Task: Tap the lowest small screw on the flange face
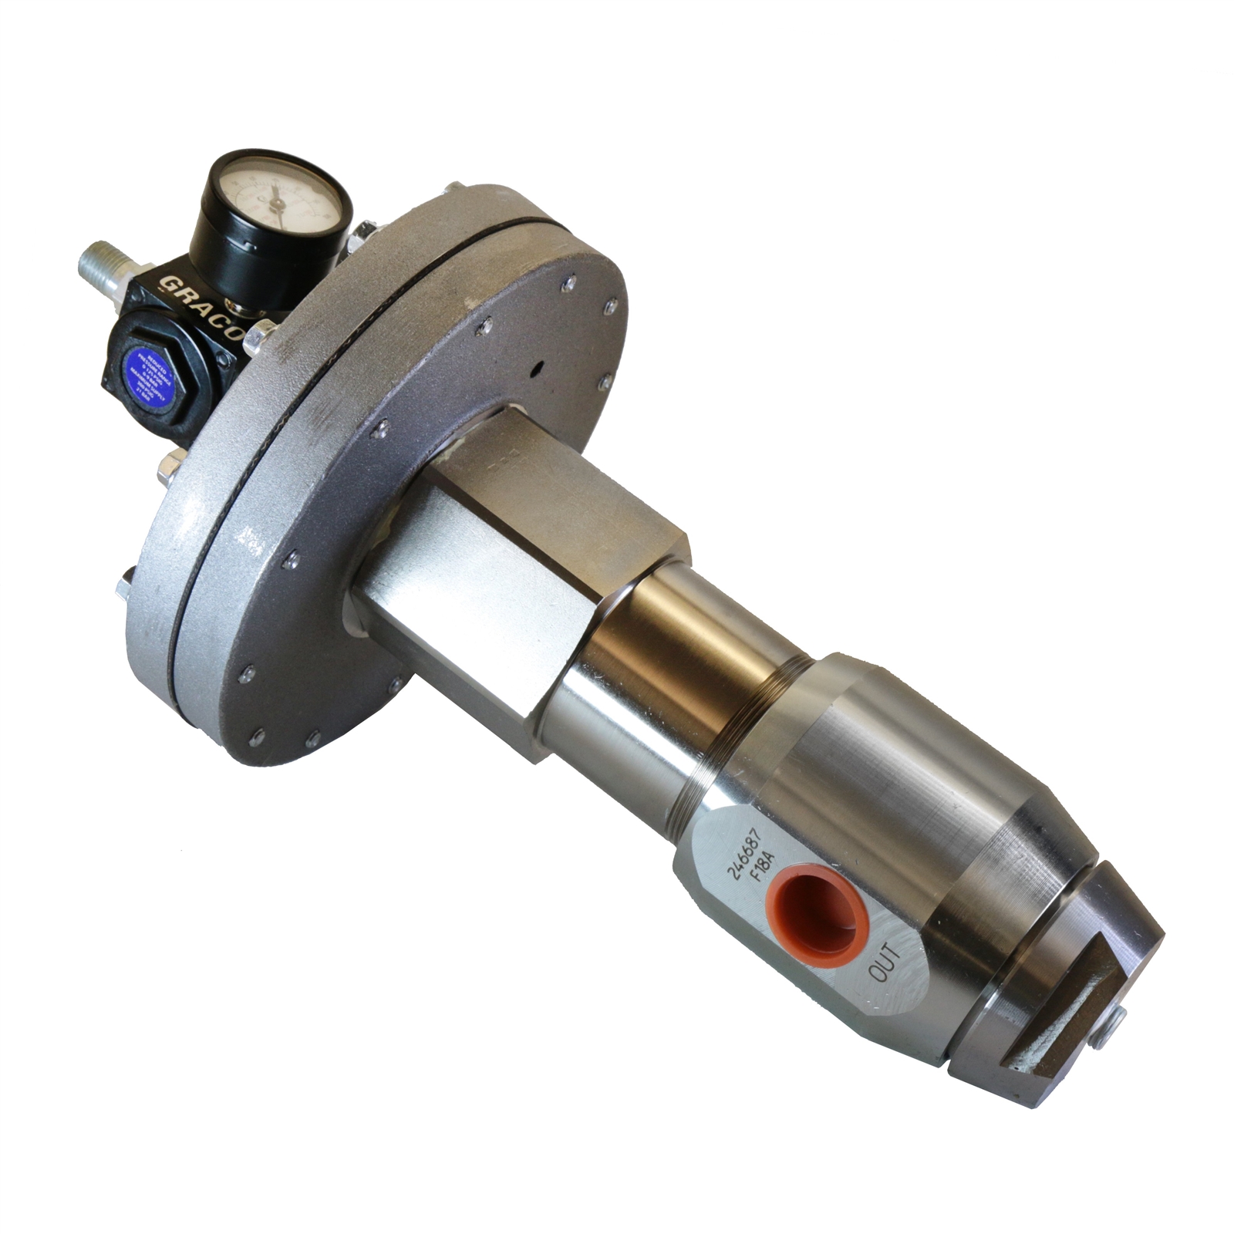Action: coord(309,741)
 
